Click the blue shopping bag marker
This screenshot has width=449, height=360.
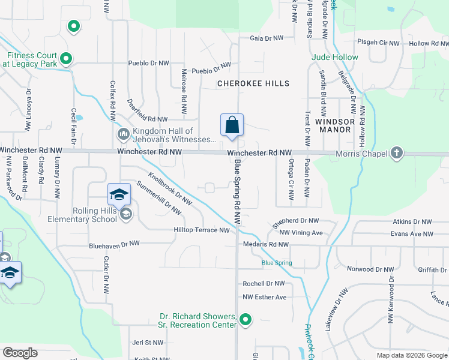click(232, 125)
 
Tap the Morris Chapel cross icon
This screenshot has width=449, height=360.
click(396, 153)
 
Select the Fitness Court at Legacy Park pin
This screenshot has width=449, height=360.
click(67, 59)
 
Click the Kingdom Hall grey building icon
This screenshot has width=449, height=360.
click(123, 133)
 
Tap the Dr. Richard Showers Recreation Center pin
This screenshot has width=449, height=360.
click(245, 320)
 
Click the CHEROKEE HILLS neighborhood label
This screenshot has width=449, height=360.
click(253, 83)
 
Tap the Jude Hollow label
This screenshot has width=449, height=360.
click(335, 58)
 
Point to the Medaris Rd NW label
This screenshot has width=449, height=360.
click(266, 244)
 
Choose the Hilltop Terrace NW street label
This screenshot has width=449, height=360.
click(202, 230)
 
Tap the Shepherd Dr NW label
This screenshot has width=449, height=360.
click(296, 221)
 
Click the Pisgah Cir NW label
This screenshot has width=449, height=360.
click(377, 43)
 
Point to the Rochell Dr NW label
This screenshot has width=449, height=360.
click(264, 283)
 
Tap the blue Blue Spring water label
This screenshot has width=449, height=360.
click(277, 263)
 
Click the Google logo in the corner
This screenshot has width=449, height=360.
click(20, 353)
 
